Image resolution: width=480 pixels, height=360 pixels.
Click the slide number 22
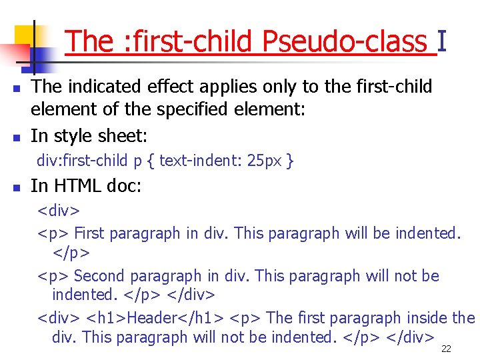447,348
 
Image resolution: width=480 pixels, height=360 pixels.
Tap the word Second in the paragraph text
101,275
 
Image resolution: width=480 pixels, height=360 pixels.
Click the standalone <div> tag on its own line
59,211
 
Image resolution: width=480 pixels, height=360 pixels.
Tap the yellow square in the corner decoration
24,35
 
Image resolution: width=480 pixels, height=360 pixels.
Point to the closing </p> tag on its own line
71,254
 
